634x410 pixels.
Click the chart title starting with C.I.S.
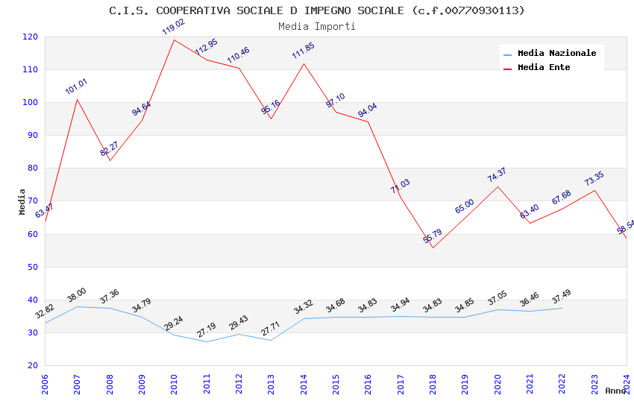pos(317,10)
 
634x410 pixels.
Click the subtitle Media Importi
pos(317,26)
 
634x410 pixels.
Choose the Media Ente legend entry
pos(544,67)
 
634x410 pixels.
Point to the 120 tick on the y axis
pos(31,37)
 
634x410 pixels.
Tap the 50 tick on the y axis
pos(33,267)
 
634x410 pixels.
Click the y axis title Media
pos(22,201)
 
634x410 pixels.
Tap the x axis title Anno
pos(615,391)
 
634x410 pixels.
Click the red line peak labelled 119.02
pos(174,40)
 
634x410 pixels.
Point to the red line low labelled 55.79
pos(433,247)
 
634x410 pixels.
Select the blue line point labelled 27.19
pos(207,341)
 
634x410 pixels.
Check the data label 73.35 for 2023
pos(594,179)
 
